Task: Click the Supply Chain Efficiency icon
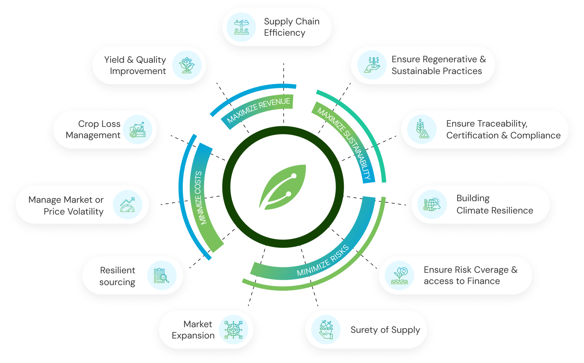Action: point(242,27)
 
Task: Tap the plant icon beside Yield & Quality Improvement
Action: point(186,65)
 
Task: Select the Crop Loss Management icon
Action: point(138,130)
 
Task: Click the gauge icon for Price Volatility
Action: point(127,205)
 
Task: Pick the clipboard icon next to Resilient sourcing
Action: point(162,276)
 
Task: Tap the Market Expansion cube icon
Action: point(233,330)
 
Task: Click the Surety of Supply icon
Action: point(326,330)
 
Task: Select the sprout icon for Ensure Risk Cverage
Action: point(399,275)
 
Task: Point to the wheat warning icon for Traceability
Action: point(422,129)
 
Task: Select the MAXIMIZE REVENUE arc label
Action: point(259,110)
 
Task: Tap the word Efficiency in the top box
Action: point(284,33)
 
